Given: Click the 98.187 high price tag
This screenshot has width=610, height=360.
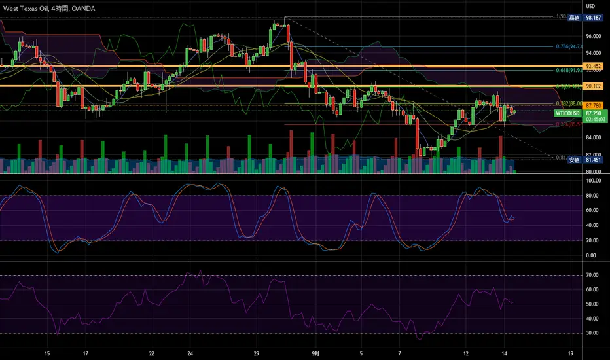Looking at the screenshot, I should [x=592, y=18].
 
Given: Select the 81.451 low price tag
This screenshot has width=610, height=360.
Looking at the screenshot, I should [x=592, y=159].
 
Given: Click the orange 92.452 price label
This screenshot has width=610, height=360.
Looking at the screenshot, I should [x=592, y=66].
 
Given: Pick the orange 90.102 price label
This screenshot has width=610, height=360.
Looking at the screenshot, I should [x=592, y=86].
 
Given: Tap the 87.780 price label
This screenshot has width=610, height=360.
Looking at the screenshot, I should [x=592, y=105].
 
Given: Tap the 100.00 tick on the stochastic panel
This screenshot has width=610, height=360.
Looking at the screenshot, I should [x=594, y=180].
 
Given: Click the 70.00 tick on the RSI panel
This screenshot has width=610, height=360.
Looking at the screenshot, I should [x=594, y=276].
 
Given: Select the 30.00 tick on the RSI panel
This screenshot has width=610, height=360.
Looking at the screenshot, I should [x=594, y=333].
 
